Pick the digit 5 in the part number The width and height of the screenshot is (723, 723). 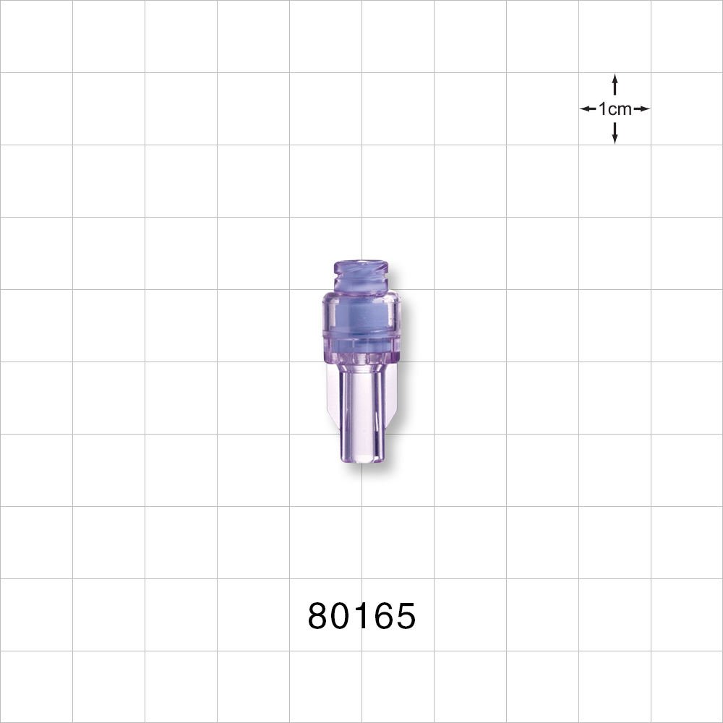click(x=404, y=617)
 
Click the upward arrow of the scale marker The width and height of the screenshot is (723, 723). click(x=615, y=83)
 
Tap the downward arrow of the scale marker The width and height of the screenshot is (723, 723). click(x=615, y=134)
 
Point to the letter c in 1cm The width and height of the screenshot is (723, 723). click(x=612, y=109)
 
